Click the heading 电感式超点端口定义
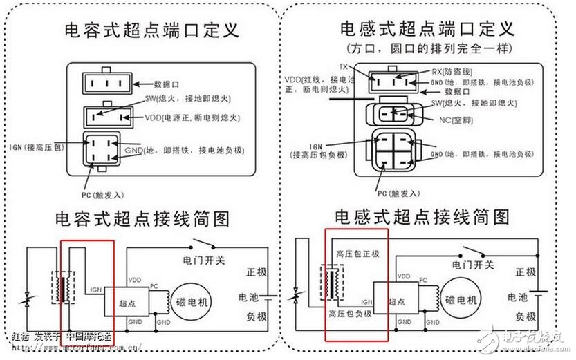[427, 29]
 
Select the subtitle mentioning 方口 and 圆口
[427, 49]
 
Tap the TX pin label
[343, 66]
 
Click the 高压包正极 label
[357, 254]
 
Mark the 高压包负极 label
[357, 313]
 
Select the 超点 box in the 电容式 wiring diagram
[123, 302]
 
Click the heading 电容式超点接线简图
[142, 220]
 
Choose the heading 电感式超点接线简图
[422, 218]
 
